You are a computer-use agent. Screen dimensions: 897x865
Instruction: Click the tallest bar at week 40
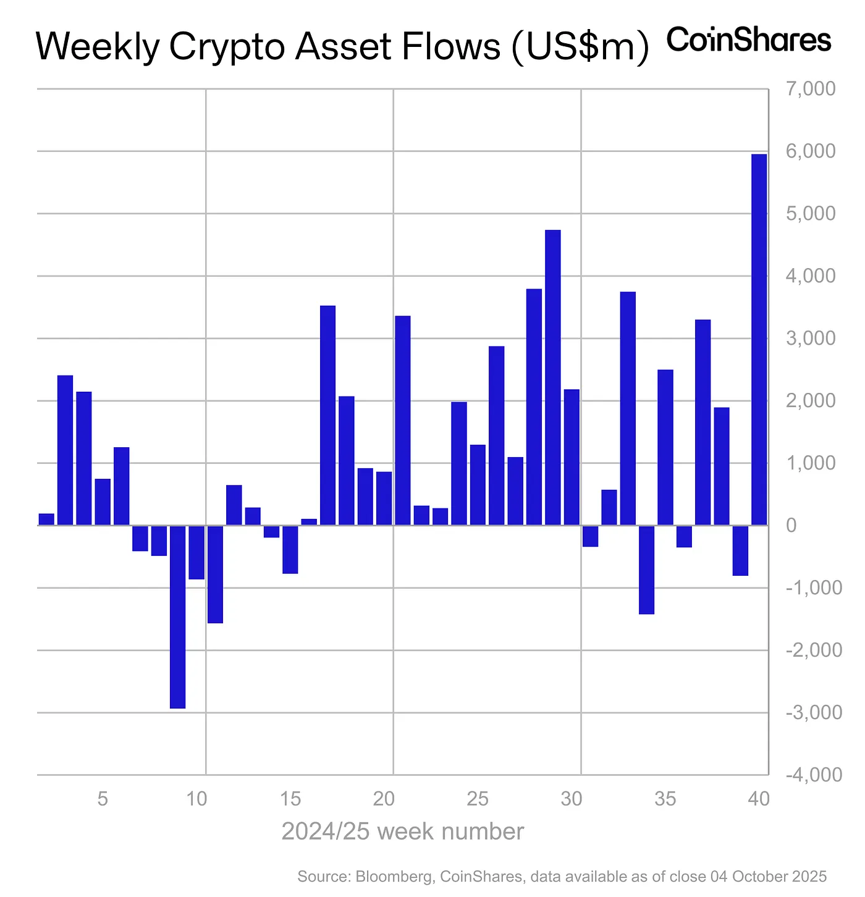click(x=759, y=340)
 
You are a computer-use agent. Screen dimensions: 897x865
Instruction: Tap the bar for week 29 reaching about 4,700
click(x=553, y=377)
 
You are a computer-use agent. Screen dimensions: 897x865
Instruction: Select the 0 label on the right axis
click(x=791, y=526)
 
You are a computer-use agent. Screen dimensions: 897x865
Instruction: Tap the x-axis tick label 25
click(x=477, y=799)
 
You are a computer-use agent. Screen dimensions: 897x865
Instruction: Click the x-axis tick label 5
click(x=103, y=799)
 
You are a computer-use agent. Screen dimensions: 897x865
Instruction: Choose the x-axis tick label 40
click(x=758, y=799)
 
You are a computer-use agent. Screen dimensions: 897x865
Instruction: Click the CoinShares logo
click(x=749, y=40)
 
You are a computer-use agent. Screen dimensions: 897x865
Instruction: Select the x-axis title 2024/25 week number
click(x=402, y=832)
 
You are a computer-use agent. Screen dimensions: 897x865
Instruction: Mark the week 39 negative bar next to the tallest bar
click(x=740, y=550)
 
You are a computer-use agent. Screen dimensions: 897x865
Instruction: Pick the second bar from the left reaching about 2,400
click(x=65, y=450)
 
